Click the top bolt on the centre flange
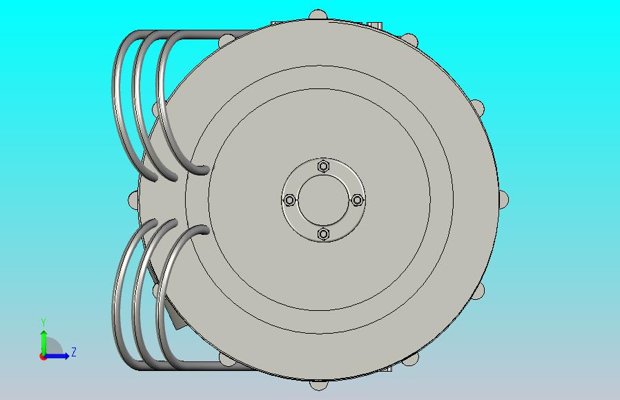[323, 166]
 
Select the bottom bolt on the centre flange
[323, 235]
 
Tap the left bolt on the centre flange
[290, 200]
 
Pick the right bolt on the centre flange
[358, 200]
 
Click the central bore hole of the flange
[323, 200]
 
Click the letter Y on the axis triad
[43, 323]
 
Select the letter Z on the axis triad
[74, 352]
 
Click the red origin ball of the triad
[43, 356]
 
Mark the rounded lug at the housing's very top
[318, 15]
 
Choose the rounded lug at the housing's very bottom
[318, 385]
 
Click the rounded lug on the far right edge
[505, 200]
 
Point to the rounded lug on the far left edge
[133, 200]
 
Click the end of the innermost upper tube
[202, 169]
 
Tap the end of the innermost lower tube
[202, 229]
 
